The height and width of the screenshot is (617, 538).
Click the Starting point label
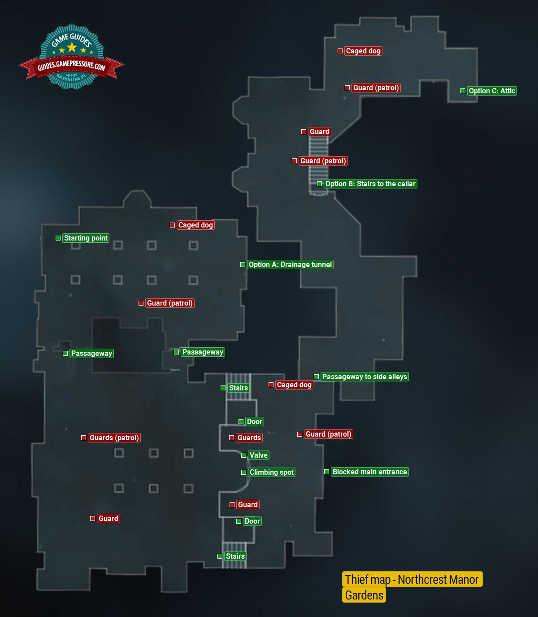point(86,238)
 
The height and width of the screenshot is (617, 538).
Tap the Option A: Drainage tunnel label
point(290,264)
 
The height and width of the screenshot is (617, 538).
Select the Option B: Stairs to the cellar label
point(370,184)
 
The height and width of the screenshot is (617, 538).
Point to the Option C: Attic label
point(492,91)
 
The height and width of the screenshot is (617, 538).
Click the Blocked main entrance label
point(369,472)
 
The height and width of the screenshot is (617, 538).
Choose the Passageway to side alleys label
point(364,376)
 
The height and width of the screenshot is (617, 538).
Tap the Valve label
point(258,455)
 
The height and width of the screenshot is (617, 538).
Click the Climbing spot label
point(271,472)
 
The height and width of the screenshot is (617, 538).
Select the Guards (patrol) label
point(114,438)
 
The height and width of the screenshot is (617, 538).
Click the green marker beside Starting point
point(58,238)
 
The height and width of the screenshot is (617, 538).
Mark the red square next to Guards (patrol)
point(83,438)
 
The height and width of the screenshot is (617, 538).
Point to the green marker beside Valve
point(243,455)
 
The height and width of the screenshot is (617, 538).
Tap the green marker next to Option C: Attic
point(463,91)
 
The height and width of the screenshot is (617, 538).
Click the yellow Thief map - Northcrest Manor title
point(412,579)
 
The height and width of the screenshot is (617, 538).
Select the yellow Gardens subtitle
point(364,595)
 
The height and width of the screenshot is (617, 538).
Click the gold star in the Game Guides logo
point(71,47)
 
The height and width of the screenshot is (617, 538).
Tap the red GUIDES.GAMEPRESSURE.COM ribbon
point(71,67)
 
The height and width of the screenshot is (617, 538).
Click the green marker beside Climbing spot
point(243,472)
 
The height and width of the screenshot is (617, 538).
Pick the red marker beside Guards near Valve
point(231,438)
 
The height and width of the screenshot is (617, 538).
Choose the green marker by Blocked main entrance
point(326,472)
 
